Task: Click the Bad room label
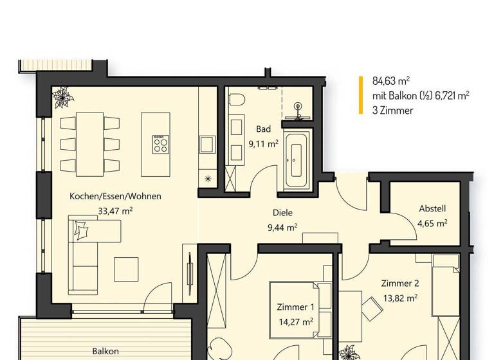coord(263,129)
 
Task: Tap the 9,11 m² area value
coord(263,144)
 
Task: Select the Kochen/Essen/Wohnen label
coord(115,196)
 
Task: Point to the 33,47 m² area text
coord(115,210)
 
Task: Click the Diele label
coord(282,213)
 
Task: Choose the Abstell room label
coord(432,209)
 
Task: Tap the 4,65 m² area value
coord(432,223)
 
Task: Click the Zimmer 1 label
coord(295,307)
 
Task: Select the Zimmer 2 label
coord(399,283)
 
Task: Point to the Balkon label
coord(105,352)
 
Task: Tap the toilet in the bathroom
coord(237,100)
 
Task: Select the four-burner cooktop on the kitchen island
coord(160,144)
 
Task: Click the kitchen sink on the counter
coord(207,143)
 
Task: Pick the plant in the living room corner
coord(63,97)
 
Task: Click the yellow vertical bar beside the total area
coord(361,95)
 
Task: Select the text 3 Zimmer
coord(392,110)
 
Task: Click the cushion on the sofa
coord(82,230)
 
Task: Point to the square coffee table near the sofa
coord(126,269)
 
